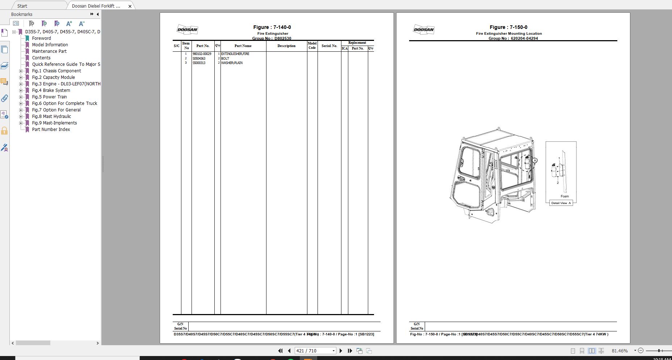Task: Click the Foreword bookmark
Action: [x=41, y=38]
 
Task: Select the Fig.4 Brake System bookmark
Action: [x=51, y=90]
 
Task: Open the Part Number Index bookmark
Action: [x=51, y=130]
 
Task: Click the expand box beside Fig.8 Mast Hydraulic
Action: [x=21, y=117]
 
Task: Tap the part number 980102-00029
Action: [x=202, y=54]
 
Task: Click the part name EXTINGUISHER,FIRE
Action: [x=235, y=54]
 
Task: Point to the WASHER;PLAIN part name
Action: [x=232, y=63]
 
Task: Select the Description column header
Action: [x=286, y=46]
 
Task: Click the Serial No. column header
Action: [x=329, y=46]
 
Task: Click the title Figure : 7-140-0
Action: [x=272, y=27]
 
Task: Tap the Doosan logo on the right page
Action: [x=423, y=30]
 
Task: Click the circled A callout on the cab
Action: [x=535, y=160]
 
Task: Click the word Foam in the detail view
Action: [x=564, y=196]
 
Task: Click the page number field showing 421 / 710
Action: [x=313, y=351]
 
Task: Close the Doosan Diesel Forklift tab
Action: [x=130, y=6]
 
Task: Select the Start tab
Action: [x=22, y=6]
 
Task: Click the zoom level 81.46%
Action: [x=619, y=351]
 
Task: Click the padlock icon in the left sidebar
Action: [x=4, y=131]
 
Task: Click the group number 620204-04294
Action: [x=524, y=38]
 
